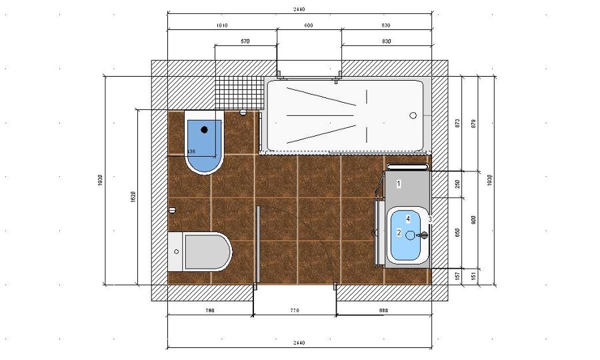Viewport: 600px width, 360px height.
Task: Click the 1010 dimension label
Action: (222, 25)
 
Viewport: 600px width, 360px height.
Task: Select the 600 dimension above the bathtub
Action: (309, 25)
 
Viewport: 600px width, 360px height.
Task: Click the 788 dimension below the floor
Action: (209, 311)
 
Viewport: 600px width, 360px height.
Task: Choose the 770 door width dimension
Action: (294, 311)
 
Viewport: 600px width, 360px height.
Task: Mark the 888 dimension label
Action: (383, 311)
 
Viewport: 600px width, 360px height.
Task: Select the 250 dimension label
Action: (457, 185)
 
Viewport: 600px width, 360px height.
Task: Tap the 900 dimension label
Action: (473, 219)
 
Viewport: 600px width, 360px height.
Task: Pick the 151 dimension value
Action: (473, 275)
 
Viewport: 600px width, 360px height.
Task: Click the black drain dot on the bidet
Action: (205, 129)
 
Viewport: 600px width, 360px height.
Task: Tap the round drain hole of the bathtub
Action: (413, 115)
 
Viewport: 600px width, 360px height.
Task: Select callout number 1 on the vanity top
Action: (399, 183)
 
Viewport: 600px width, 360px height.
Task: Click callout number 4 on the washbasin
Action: (408, 219)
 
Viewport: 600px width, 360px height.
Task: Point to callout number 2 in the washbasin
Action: (399, 233)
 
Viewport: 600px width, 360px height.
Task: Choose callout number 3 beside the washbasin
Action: (430, 219)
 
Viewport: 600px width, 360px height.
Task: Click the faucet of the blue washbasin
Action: (422, 235)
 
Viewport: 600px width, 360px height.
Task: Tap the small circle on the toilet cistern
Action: (177, 251)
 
